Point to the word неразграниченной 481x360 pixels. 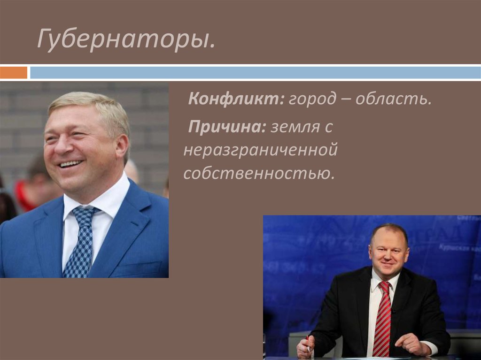click(261, 151)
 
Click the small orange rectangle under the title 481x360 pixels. click(14, 73)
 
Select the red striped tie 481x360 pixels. click(382, 319)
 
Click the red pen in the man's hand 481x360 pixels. click(308, 343)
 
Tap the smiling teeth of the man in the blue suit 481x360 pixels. click(70, 164)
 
